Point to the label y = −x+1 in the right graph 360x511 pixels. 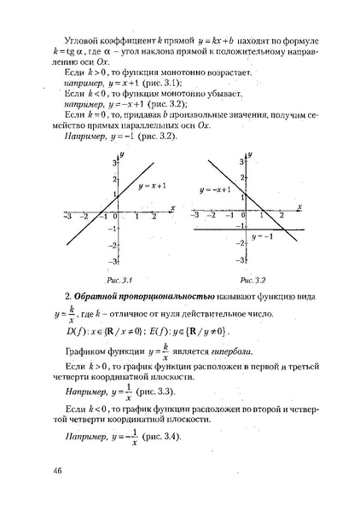(215, 189)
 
